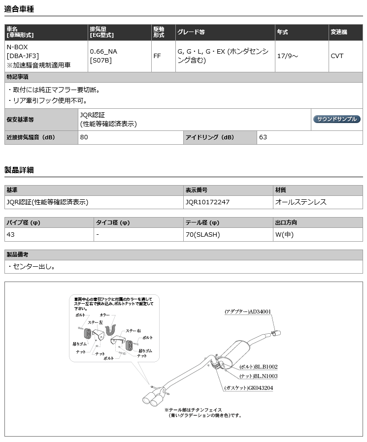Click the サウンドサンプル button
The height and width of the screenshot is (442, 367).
tap(337, 119)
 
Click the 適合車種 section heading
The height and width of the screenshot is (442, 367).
tap(19, 9)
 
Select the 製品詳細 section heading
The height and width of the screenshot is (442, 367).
tap(19, 170)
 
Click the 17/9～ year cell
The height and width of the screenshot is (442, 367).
tap(287, 56)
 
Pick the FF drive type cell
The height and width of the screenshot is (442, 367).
tap(157, 56)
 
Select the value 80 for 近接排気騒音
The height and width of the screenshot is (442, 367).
tap(84, 137)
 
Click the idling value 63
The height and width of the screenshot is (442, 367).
tap(263, 137)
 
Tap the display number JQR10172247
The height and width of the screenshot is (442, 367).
tap(208, 202)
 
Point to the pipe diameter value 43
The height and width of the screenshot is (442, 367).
tap(11, 234)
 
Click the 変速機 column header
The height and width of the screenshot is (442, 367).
tap(339, 32)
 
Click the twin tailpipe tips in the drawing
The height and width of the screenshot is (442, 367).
tap(155, 397)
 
